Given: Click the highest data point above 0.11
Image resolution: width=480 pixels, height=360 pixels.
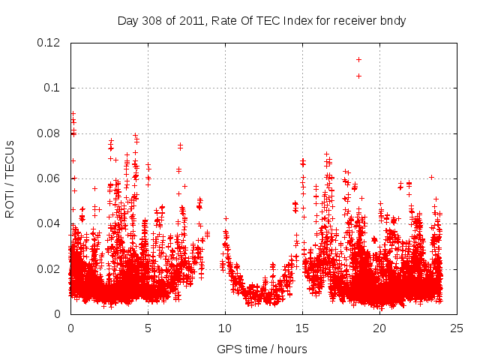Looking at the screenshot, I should point(358,59).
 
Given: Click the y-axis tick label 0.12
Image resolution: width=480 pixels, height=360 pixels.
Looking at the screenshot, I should point(49,43).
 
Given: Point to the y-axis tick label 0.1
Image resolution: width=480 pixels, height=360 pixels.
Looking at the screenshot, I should point(53,88).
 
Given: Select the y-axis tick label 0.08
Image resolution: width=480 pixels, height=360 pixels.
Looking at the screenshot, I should point(49,133).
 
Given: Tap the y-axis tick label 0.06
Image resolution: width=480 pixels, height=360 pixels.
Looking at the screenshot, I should point(49,178).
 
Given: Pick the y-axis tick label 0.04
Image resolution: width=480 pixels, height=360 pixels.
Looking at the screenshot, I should point(49,223).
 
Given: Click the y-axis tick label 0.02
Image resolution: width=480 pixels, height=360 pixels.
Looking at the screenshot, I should point(49,269).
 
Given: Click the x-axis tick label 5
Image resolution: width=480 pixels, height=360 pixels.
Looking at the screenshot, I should point(148,328).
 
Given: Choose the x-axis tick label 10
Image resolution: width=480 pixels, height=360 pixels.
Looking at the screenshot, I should point(225,328).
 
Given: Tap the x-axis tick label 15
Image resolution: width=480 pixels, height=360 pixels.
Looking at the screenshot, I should point(302,328).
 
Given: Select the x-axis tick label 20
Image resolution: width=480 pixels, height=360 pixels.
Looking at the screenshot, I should point(379,328).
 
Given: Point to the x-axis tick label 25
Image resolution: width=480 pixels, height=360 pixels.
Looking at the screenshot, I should point(457,328).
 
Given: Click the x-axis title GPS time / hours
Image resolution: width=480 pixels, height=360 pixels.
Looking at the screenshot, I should point(263,349).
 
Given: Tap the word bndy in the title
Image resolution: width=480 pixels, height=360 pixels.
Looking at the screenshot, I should point(392,20).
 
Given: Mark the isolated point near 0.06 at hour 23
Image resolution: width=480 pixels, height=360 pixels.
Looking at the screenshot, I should point(431,177).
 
